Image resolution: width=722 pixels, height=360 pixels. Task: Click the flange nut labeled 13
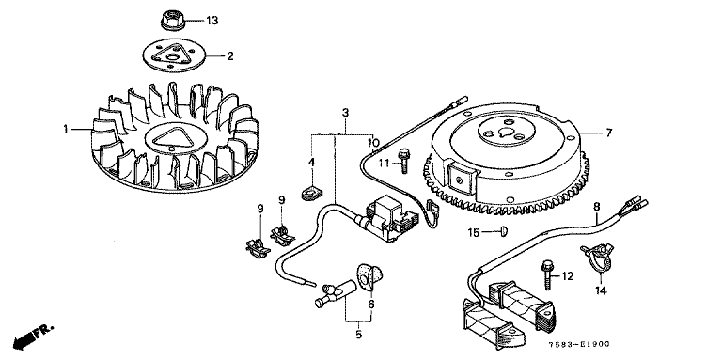click(x=171, y=22)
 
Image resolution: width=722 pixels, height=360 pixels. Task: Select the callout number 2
click(x=229, y=56)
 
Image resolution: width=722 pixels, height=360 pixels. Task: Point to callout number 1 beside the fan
click(x=66, y=130)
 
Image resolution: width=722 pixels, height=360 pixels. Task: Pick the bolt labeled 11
click(x=404, y=160)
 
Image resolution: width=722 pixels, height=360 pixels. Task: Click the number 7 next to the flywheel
click(x=609, y=133)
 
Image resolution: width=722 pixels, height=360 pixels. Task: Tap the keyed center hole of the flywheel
click(x=506, y=133)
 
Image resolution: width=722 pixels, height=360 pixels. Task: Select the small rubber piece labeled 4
click(x=311, y=192)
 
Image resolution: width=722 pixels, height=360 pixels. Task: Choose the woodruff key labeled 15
click(x=503, y=231)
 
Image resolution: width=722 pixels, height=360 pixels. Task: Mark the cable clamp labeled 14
click(x=596, y=258)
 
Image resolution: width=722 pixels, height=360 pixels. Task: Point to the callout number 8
click(x=596, y=207)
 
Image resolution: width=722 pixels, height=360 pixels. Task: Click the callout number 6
click(x=371, y=305)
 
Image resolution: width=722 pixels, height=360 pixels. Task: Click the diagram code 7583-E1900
click(x=579, y=344)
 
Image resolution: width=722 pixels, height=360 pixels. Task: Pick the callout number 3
click(x=345, y=113)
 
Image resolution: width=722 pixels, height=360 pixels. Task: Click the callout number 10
click(x=373, y=142)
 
